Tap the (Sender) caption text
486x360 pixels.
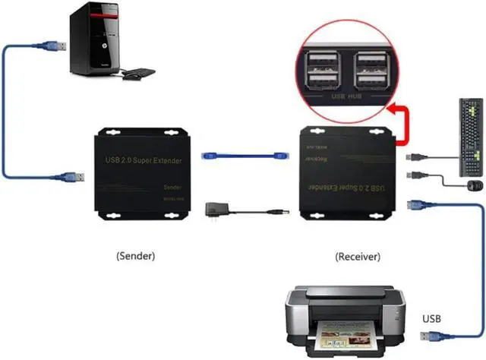[137, 256]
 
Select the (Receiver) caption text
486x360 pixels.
[358, 256]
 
